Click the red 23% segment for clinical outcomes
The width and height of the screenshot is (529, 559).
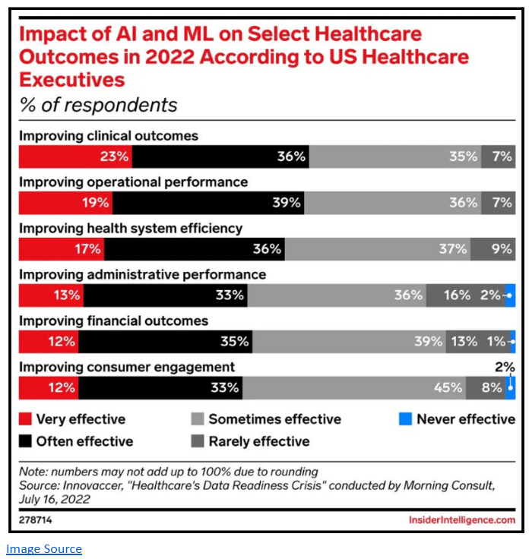tap(74, 156)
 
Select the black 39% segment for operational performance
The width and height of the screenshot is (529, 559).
tap(208, 203)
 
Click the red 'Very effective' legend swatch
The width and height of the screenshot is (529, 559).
tap(25, 419)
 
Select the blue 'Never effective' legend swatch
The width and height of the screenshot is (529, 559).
tap(404, 419)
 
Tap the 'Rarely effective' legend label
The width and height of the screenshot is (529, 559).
tap(259, 441)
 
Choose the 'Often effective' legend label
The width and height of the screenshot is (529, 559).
tap(84, 441)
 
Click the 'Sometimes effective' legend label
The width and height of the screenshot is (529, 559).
tap(274, 419)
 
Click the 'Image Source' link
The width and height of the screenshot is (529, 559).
tap(44, 548)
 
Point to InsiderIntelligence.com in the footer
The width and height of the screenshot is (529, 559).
tap(461, 520)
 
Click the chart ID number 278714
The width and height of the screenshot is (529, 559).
tap(36, 520)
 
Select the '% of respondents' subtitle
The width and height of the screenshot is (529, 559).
tap(98, 105)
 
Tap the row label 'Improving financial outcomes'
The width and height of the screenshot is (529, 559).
tap(113, 321)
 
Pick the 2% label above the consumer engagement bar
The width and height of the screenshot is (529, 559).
tap(505, 367)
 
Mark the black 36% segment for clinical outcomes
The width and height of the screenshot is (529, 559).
tap(220, 156)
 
